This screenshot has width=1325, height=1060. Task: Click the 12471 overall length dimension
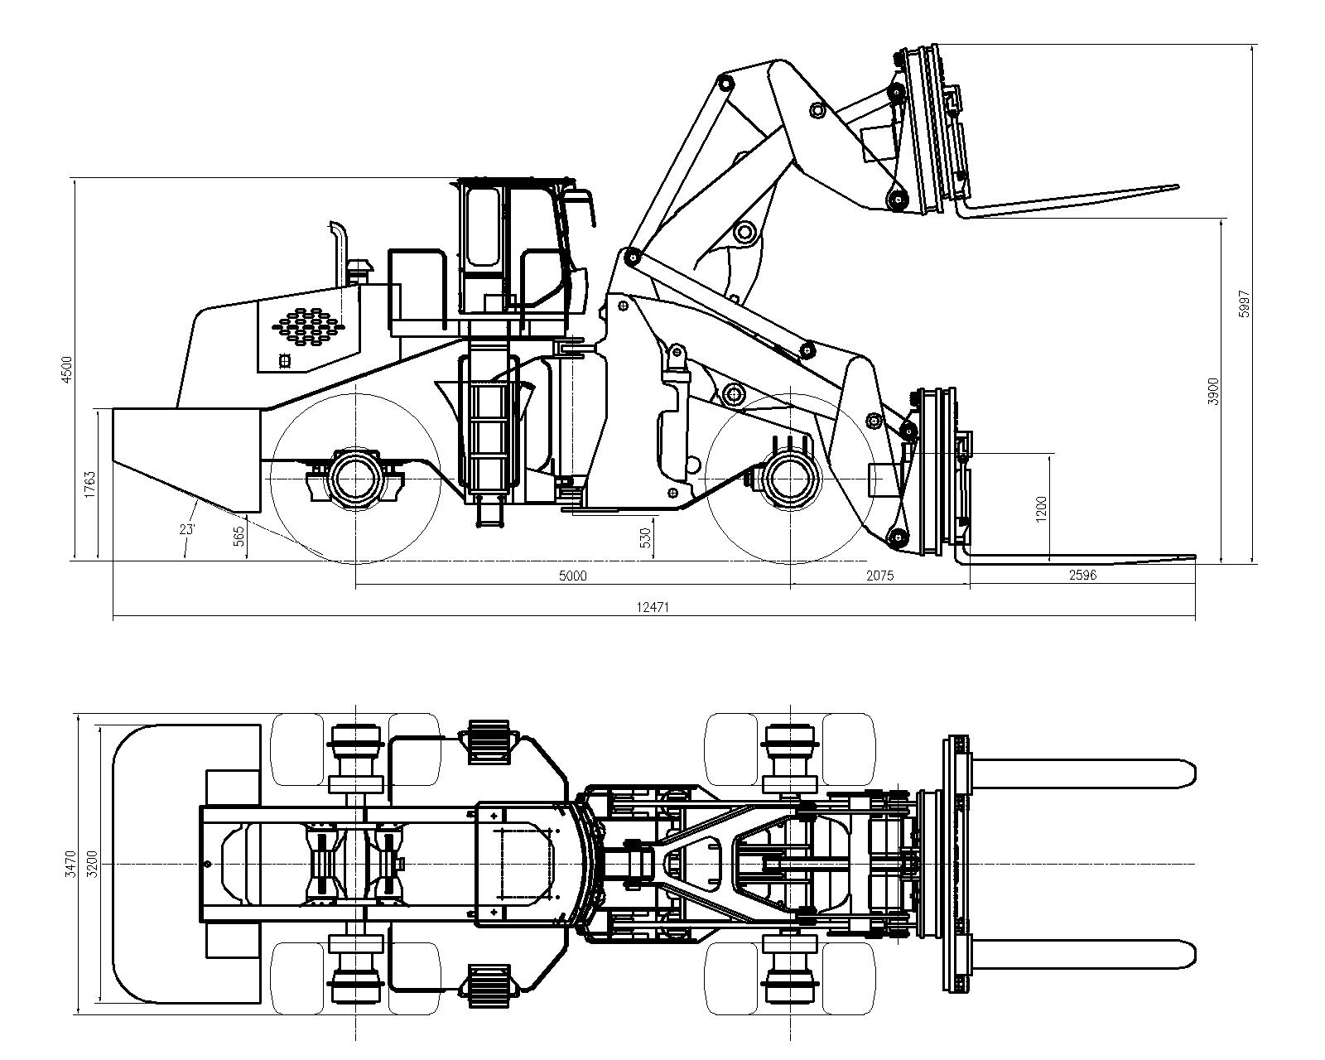coord(652,607)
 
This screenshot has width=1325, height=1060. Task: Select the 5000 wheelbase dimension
coord(572,576)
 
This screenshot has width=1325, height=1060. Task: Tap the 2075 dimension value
coord(879,576)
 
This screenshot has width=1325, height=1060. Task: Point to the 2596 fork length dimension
coord(1082,576)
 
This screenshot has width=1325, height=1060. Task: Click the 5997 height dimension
coord(1244,304)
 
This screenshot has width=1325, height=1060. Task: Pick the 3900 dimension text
coord(1213,391)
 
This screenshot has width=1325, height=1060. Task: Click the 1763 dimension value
coord(90,484)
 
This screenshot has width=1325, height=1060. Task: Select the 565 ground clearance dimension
coord(239,535)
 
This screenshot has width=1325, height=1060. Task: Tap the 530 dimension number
coord(644,537)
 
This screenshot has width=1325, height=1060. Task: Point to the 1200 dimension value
coord(1041,509)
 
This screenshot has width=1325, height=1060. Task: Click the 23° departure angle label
coord(187,529)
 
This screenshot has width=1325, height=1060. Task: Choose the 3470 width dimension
coord(70,864)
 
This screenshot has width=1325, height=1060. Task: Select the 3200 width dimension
coord(93,864)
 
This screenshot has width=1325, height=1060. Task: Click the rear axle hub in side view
coord(355,479)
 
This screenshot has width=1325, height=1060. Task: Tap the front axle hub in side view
coord(790,479)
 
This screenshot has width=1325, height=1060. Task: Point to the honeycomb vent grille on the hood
coord(308,323)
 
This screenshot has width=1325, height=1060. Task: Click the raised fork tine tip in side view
coord(1175,186)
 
